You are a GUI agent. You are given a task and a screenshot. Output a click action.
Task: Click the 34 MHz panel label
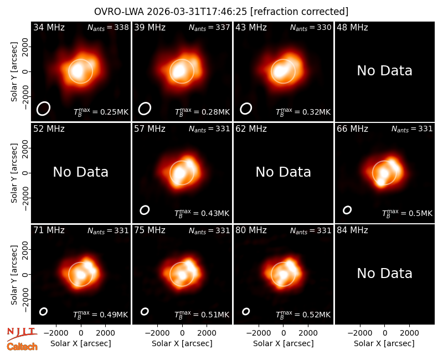click(49, 27)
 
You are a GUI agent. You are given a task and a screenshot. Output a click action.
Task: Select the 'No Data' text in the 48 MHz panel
click(384, 71)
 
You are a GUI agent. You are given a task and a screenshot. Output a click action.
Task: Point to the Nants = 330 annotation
click(311, 28)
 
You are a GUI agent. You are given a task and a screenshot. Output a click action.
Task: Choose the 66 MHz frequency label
click(352, 129)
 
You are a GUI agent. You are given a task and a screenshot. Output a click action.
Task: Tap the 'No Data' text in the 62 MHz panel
click(283, 172)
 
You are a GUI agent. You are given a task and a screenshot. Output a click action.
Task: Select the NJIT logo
click(22, 334)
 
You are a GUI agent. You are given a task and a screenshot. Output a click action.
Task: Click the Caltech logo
click(22, 347)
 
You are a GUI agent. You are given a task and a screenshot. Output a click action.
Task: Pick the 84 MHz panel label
click(352, 230)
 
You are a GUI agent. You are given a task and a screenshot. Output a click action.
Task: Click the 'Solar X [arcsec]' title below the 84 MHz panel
click(384, 343)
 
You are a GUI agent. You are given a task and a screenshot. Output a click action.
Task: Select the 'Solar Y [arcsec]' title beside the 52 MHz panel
click(14, 173)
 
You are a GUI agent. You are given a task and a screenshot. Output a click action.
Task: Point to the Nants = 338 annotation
click(108, 28)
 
